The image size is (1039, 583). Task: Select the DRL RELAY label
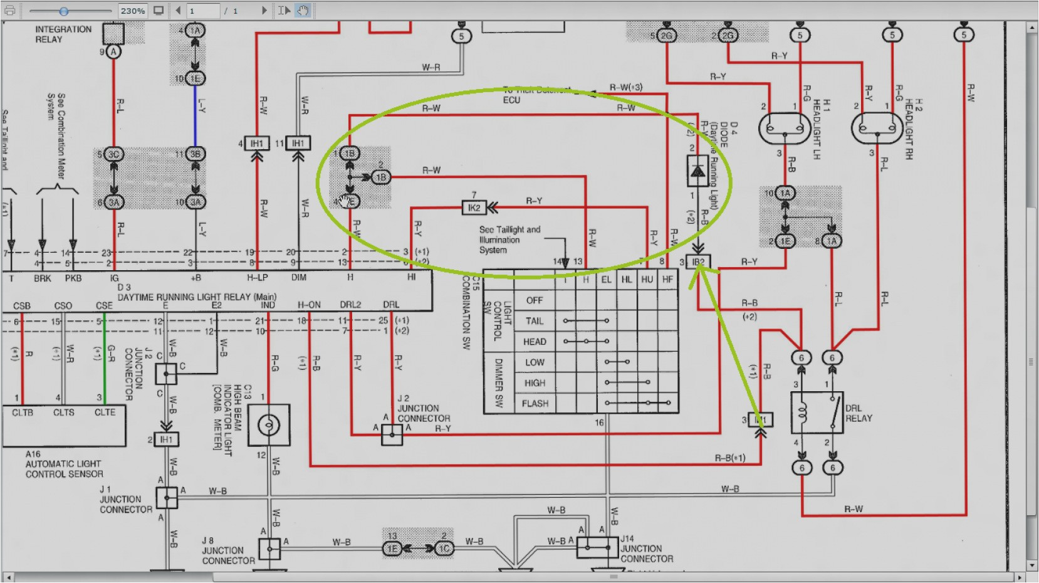[859, 413]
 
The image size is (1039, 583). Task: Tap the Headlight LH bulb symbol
[784, 129]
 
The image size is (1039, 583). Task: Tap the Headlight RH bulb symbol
[877, 129]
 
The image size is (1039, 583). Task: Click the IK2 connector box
[474, 207]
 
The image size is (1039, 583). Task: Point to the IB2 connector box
[697, 262]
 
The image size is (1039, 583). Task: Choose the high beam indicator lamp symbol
[269, 425]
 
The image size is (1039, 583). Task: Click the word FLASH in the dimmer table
[535, 403]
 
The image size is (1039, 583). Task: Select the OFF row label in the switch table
[534, 300]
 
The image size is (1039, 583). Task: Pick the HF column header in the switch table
[667, 280]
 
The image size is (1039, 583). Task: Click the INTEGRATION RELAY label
[63, 34]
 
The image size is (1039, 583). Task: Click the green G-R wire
[104, 360]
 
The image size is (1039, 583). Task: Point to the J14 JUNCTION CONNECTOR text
[646, 549]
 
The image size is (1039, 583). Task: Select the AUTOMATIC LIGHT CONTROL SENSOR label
[64, 469]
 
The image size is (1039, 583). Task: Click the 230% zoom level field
[133, 11]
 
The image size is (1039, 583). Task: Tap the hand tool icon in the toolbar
[303, 11]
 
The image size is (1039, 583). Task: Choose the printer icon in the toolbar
[10, 11]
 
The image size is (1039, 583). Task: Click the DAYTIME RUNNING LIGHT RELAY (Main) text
[197, 297]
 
